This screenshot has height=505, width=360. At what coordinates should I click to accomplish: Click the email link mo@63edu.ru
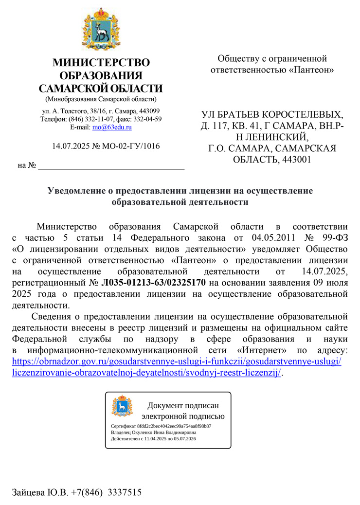coord(112,127)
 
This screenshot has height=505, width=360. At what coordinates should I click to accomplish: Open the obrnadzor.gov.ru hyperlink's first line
coord(176,361)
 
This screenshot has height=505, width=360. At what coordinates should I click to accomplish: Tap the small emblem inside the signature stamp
coord(122,405)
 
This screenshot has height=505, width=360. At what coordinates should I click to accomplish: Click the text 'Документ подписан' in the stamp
coord(183,405)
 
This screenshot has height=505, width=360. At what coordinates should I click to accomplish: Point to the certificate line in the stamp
coord(161,426)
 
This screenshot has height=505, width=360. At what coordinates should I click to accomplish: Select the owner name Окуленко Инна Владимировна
coord(168,432)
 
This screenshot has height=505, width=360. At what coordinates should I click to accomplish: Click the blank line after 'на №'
coord(111,167)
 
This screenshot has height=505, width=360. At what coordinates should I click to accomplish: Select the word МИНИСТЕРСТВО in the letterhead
coord(101,63)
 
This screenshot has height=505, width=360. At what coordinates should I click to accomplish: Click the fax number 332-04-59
coord(148,119)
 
